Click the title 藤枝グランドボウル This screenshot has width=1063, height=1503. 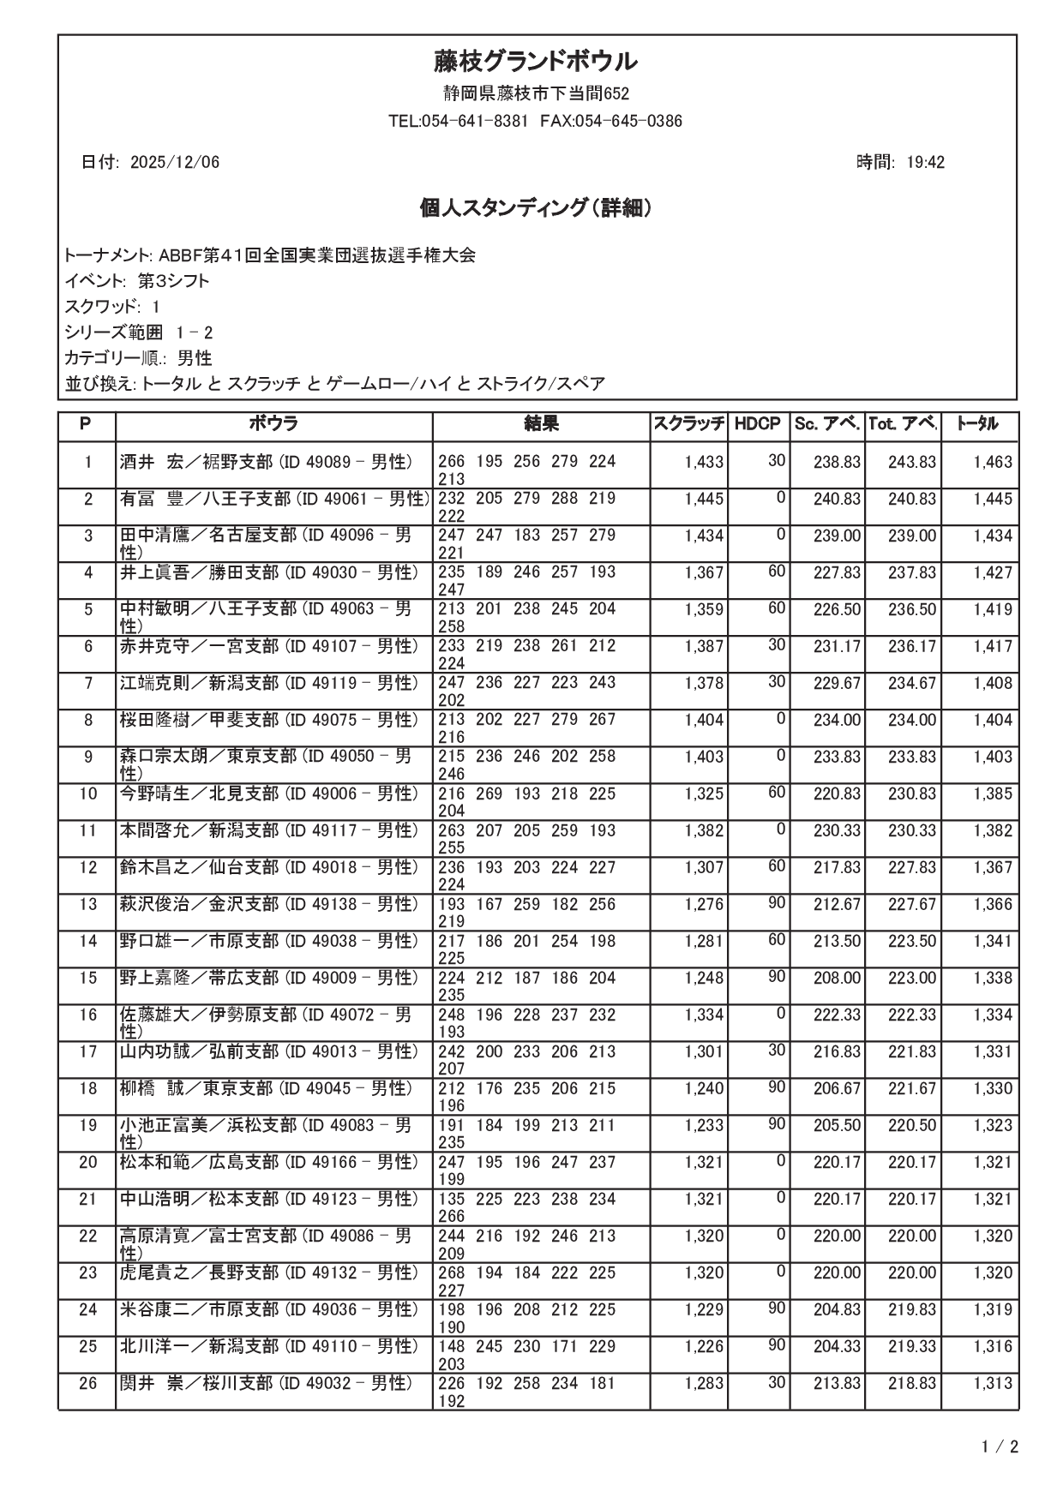click(x=534, y=62)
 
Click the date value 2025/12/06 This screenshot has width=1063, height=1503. click(x=175, y=163)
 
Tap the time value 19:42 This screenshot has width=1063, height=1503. click(x=925, y=163)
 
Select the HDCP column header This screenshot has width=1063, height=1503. click(x=757, y=423)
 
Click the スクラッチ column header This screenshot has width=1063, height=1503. click(x=689, y=423)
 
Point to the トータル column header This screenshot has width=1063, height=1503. click(x=977, y=423)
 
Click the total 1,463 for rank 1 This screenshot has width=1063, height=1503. click(x=993, y=462)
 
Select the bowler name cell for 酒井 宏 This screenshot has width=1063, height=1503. click(x=266, y=462)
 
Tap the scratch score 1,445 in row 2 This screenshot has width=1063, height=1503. click(x=704, y=499)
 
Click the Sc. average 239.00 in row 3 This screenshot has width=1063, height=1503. click(x=837, y=536)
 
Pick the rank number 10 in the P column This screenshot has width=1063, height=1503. click(x=87, y=793)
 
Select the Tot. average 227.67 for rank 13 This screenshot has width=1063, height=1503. click(x=911, y=904)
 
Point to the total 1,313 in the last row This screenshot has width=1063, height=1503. click(x=993, y=1383)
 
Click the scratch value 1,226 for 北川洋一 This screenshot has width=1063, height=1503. click(x=704, y=1346)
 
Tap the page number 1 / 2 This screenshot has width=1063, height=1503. click(x=1000, y=1448)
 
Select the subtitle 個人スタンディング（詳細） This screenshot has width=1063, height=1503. click(x=534, y=208)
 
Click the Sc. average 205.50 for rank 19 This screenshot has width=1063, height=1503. click(x=837, y=1125)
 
